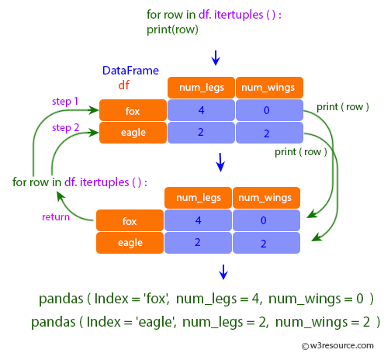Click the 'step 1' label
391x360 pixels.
[64, 102]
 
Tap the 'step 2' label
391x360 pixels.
[64, 127]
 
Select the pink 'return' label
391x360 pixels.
[55, 216]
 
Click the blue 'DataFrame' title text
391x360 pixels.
[130, 71]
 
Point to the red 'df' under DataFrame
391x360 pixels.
[123, 85]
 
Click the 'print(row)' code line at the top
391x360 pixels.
[172, 29]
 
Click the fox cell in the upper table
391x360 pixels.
[133, 110]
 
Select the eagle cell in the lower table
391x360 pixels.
[130, 243]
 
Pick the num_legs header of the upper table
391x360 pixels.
[201, 87]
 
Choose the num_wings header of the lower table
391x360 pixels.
[265, 199]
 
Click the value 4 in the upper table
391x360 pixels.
[201, 110]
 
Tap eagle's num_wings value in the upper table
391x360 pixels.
[268, 133]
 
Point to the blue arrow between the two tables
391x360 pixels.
[220, 162]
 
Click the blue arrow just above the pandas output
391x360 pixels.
[223, 272]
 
